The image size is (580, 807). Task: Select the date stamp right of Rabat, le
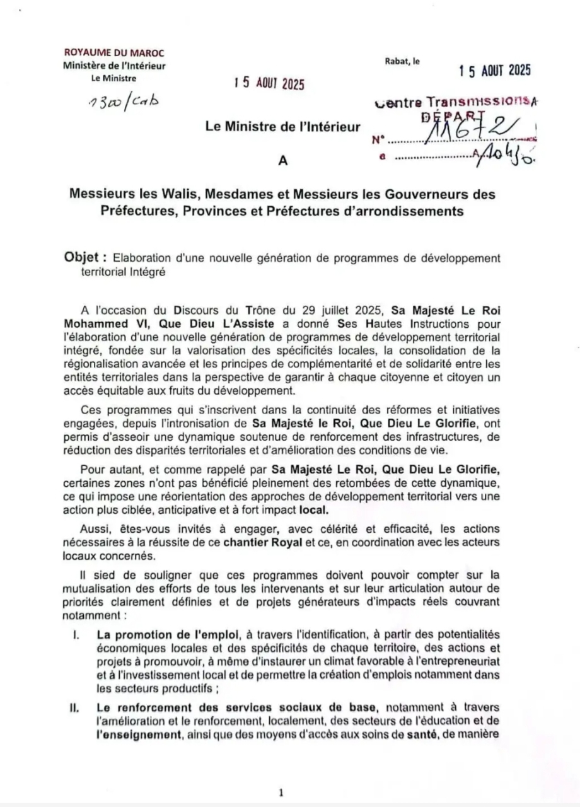click(x=495, y=71)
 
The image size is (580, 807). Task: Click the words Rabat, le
click(x=402, y=61)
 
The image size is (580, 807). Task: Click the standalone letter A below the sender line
click(x=282, y=160)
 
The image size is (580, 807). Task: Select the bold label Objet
click(x=84, y=258)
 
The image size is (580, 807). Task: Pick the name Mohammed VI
click(x=114, y=324)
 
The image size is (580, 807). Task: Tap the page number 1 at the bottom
click(x=281, y=793)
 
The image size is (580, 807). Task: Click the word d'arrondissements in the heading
click(x=405, y=211)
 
